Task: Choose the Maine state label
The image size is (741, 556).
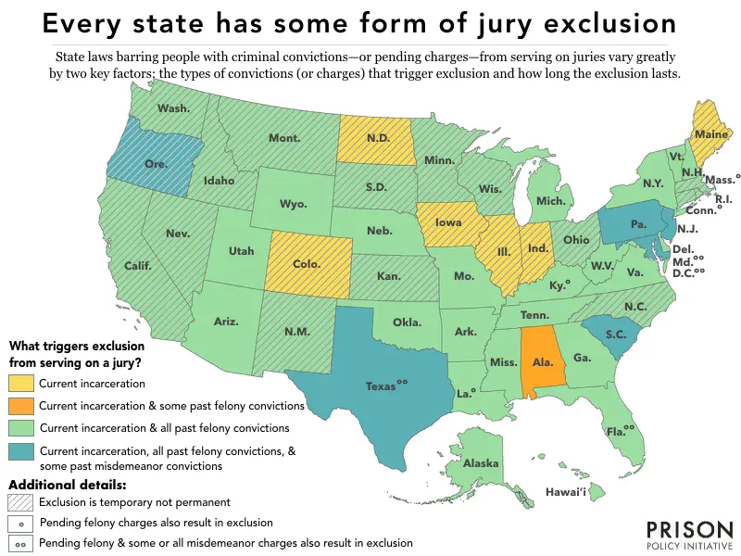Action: pos(710,134)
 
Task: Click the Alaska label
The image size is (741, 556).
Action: pos(481,463)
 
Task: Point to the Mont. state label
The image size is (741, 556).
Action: pos(283,138)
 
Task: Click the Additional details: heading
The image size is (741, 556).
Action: pos(67,485)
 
